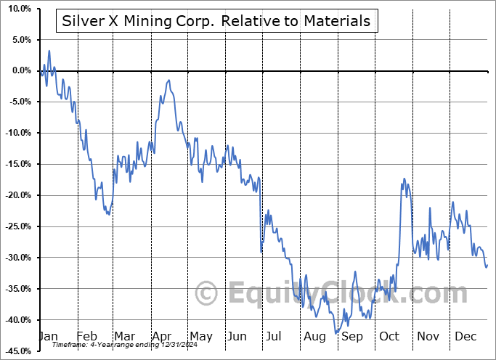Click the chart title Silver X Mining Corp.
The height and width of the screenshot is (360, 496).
pyautogui.click(x=215, y=21)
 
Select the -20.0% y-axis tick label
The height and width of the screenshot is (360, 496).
pyautogui.click(x=15, y=195)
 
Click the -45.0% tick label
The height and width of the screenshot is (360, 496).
pyautogui.click(x=15, y=351)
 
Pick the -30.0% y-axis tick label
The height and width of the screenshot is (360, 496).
pyautogui.click(x=15, y=258)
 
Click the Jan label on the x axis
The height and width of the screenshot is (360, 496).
pyautogui.click(x=49, y=336)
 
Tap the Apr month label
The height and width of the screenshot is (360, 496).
pyautogui.click(x=162, y=336)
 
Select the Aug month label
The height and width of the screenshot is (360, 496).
pyautogui.click(x=315, y=336)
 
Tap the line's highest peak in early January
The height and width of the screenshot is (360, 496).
pyautogui.click(x=49, y=51)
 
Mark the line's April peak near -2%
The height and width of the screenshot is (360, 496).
pyautogui.click(x=169, y=81)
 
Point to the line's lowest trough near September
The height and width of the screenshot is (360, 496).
pyautogui.click(x=336, y=333)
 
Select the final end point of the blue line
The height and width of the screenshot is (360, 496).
pyautogui.click(x=487, y=265)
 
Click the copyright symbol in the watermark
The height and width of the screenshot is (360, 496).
pyautogui.click(x=208, y=294)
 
